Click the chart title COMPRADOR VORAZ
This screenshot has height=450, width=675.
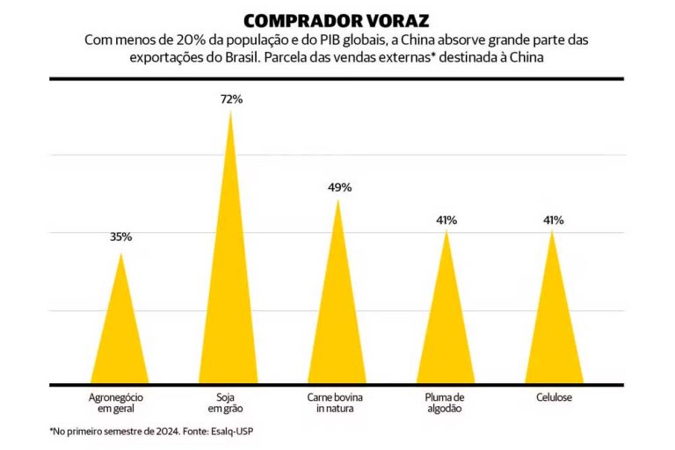(337, 20)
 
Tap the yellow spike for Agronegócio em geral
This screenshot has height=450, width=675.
(121, 334)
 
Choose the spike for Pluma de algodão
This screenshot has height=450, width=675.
(446, 321)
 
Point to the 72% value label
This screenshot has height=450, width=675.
(231, 99)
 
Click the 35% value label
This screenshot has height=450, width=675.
(121, 237)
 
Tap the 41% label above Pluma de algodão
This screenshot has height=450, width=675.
(446, 220)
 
